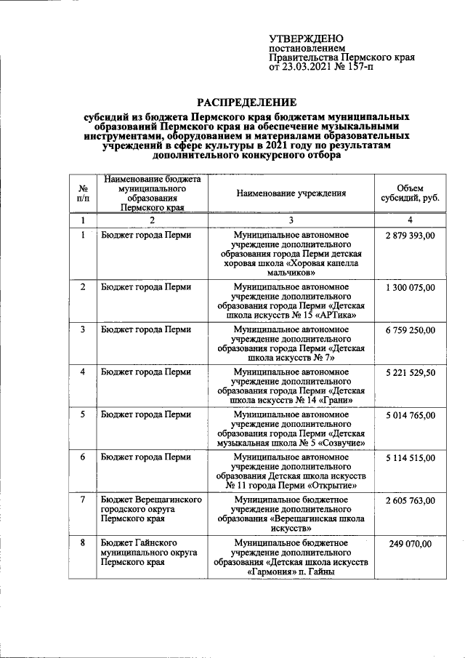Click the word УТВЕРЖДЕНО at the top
(306, 38)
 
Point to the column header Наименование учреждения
(291, 193)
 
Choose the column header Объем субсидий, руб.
(411, 193)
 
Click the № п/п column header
(84, 193)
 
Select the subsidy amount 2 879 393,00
(411, 236)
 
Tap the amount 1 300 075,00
(411, 287)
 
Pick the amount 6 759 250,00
(411, 330)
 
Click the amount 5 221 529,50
(411, 372)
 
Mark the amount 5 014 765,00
(411, 415)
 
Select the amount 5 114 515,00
(411, 457)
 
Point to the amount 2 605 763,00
(411, 500)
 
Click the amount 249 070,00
(411, 543)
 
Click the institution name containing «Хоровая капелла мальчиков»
(291, 254)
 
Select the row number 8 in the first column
(84, 543)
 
